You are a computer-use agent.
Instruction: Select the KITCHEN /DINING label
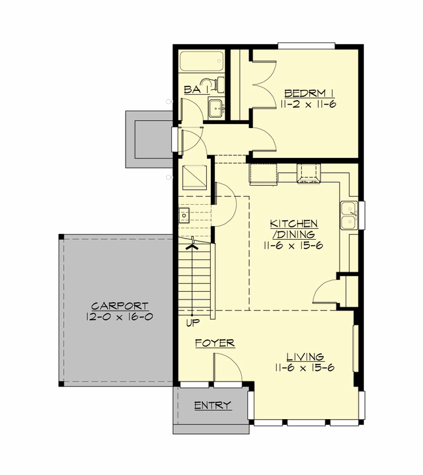point(293,229)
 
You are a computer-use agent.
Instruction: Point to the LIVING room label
point(306,357)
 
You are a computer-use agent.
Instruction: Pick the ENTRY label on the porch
point(212,406)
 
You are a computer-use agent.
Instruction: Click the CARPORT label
point(120,306)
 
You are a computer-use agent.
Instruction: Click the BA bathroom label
point(191,90)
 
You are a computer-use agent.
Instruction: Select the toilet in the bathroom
point(212,84)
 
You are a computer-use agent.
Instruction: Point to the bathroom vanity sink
point(215,108)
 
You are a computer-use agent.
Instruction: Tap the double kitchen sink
point(348,216)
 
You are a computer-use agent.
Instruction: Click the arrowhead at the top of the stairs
point(193,244)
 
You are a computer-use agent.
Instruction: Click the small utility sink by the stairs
point(185,214)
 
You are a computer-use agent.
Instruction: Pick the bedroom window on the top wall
point(306,45)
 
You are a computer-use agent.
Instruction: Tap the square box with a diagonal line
point(195,177)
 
